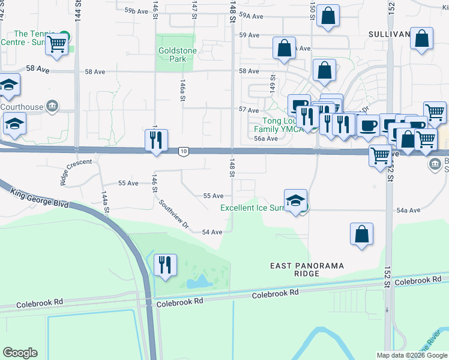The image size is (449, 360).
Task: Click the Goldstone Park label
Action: tap(176, 56)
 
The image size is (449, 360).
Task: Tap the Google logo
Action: tap(19, 353)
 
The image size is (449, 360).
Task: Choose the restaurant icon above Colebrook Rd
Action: tap(165, 265)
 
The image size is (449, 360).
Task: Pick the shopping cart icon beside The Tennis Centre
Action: tap(56, 43)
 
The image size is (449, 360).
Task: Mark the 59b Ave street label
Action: tap(136, 11)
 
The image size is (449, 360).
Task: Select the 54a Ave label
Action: tap(409, 210)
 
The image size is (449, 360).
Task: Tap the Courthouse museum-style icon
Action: tap(52, 107)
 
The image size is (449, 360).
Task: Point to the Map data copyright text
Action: tap(412, 355)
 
